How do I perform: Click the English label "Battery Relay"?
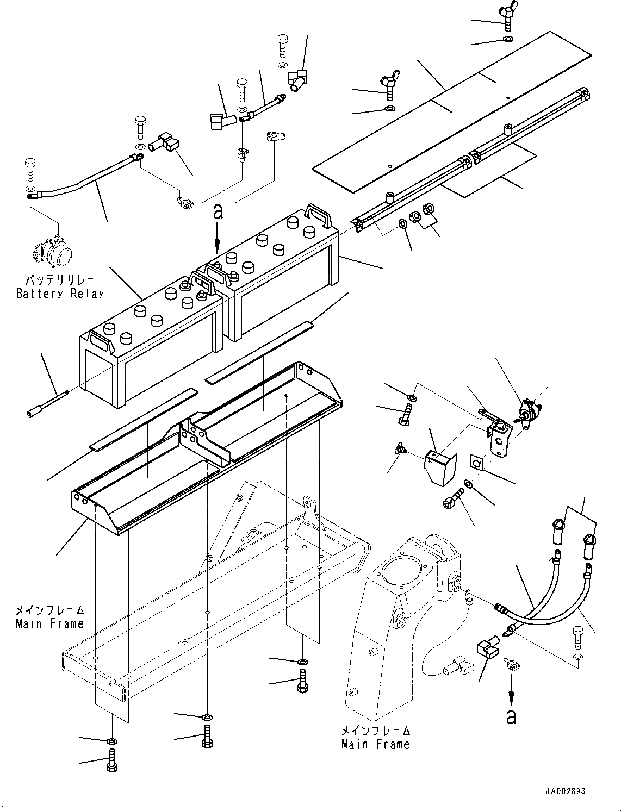click(x=59, y=294)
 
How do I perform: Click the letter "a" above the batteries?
click(x=218, y=212)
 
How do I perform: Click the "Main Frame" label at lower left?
click(x=49, y=623)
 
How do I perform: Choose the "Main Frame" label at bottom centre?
click(x=375, y=744)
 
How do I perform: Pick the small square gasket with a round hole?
click(x=476, y=461)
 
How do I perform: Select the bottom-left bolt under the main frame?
click(x=111, y=758)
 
